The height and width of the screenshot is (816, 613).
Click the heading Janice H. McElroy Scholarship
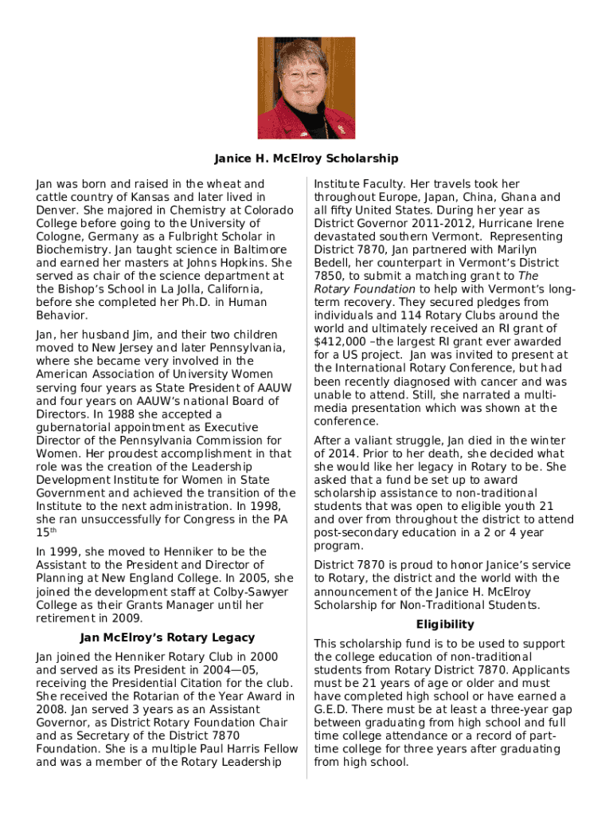pyautogui.click(x=306, y=159)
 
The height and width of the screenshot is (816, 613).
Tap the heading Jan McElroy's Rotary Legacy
pyautogui.click(x=167, y=637)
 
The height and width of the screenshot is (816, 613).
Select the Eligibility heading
pyautogui.click(x=445, y=625)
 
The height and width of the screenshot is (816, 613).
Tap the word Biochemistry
pyautogui.click(x=69, y=250)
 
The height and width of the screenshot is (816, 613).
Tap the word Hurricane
pyautogui.click(x=500, y=224)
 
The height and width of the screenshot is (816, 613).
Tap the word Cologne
pyautogui.click(x=61, y=237)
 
